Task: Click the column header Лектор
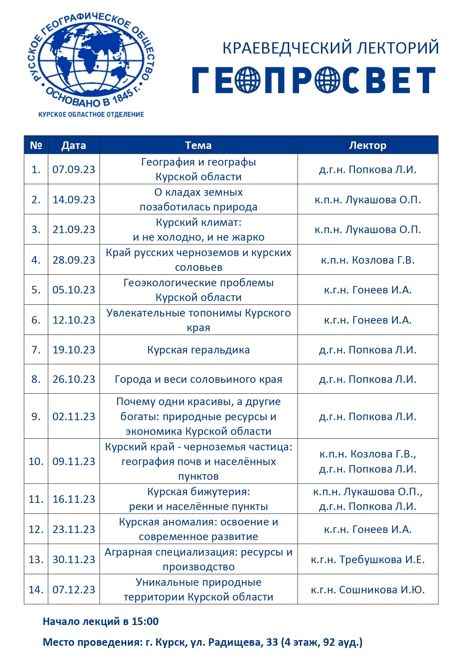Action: click(x=367, y=145)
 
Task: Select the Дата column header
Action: click(x=74, y=145)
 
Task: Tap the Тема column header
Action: click(x=198, y=145)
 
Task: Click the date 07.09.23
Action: click(x=74, y=169)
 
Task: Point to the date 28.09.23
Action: click(x=74, y=260)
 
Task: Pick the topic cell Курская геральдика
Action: click(x=198, y=350)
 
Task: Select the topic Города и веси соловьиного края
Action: click(x=198, y=379)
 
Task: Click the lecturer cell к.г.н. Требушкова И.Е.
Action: click(x=367, y=559)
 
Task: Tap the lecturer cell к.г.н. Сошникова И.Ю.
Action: click(x=367, y=590)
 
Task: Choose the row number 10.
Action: click(x=36, y=461)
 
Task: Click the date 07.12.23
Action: click(x=74, y=590)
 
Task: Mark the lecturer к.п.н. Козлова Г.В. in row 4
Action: click(x=367, y=260)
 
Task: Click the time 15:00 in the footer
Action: click(x=145, y=621)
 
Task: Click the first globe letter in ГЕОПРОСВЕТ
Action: click(x=247, y=80)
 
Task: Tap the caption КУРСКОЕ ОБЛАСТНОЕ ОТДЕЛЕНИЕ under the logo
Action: click(x=91, y=114)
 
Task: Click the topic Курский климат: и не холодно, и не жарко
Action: click(x=198, y=229)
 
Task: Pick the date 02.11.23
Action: click(x=74, y=416)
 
